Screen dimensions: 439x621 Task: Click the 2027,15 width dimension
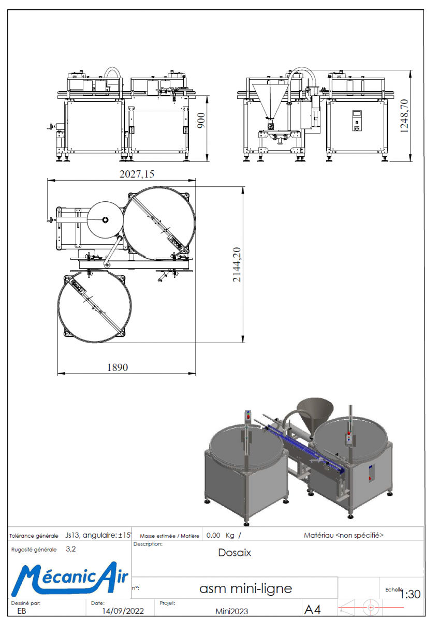pyautogui.click(x=137, y=174)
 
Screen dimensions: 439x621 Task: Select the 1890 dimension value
pyautogui.click(x=118, y=367)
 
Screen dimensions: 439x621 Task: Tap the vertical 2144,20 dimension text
pyautogui.click(x=237, y=264)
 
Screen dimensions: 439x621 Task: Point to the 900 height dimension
pyautogui.click(x=201, y=120)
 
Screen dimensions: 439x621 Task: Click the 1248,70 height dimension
pyautogui.click(x=404, y=116)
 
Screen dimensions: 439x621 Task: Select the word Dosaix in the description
pyautogui.click(x=235, y=553)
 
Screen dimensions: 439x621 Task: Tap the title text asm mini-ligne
pyautogui.click(x=246, y=588)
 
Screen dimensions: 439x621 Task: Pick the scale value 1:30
pyautogui.click(x=411, y=594)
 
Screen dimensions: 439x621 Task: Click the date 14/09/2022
pyautogui.click(x=123, y=611)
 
